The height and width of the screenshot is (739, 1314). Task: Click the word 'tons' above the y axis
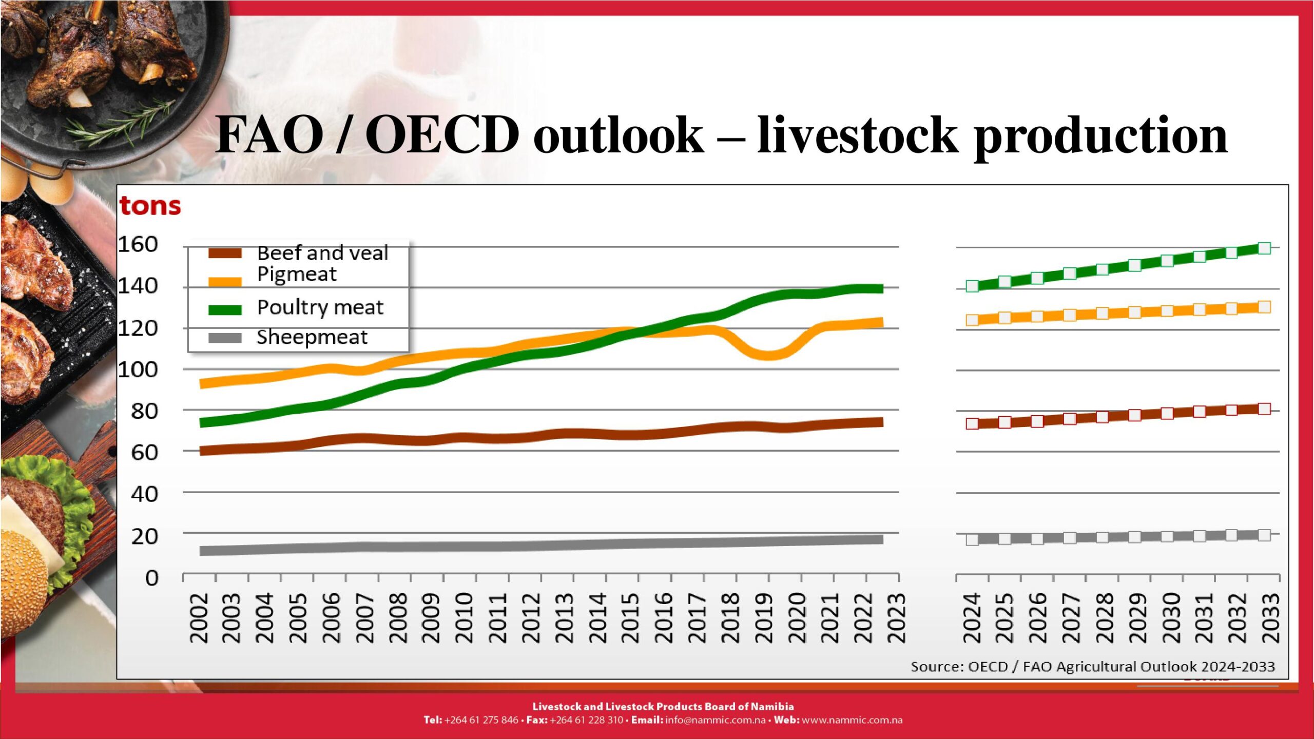pyautogui.click(x=150, y=206)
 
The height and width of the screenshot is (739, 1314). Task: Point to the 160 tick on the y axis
pyautogui.click(x=138, y=244)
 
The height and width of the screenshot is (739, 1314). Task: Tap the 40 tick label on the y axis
pyautogui.click(x=144, y=494)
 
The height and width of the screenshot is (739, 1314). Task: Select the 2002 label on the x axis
pyautogui.click(x=199, y=618)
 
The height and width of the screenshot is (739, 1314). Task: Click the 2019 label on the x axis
pyautogui.click(x=764, y=618)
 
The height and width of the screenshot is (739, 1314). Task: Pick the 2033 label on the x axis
pyautogui.click(x=1271, y=618)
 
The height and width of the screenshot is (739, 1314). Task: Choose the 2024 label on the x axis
pyautogui.click(x=972, y=618)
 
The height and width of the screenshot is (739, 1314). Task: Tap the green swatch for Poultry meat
pyautogui.click(x=225, y=309)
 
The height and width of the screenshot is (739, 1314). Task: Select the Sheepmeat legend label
pyautogui.click(x=312, y=337)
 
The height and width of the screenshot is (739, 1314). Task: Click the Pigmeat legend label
pyautogui.click(x=297, y=275)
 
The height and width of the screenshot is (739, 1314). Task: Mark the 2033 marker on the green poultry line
pyautogui.click(x=1264, y=248)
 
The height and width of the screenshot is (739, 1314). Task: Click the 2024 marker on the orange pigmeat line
pyautogui.click(x=972, y=320)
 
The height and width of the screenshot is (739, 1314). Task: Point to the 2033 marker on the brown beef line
pyautogui.click(x=1264, y=409)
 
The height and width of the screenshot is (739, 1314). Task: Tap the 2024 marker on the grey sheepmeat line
pyautogui.click(x=972, y=539)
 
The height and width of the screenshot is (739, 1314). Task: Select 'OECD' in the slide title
pyautogui.click(x=442, y=134)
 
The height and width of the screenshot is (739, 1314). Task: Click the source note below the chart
pyautogui.click(x=1092, y=667)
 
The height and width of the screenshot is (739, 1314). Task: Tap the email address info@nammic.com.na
pyautogui.click(x=715, y=720)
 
